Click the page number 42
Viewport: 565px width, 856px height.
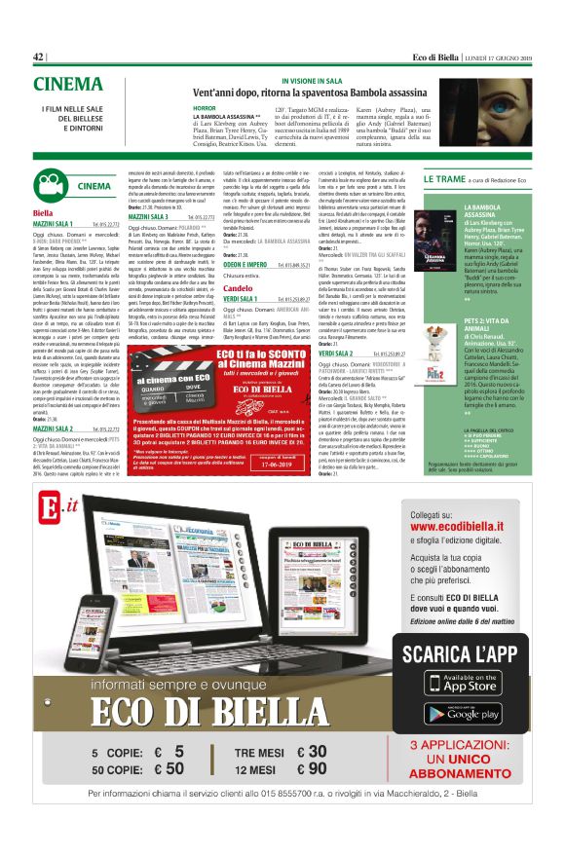(39, 57)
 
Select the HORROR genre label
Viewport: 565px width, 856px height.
(205, 108)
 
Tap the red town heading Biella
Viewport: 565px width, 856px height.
(43, 212)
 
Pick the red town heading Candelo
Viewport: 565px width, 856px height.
(238, 289)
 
